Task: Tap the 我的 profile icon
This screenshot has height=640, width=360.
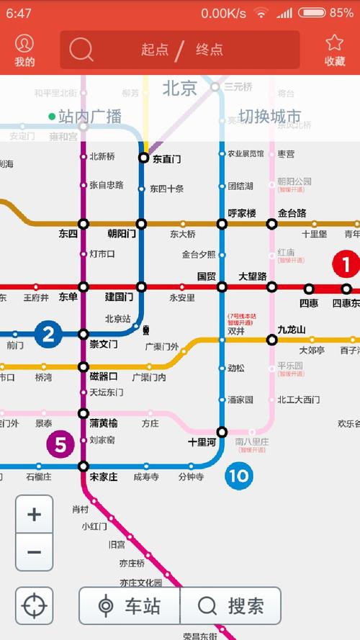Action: (24, 43)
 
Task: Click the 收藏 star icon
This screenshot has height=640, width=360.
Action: (335, 43)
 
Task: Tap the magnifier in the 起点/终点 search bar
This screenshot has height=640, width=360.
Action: (81, 49)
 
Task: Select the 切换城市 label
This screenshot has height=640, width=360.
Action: (270, 116)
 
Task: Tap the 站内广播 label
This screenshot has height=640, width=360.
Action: (89, 116)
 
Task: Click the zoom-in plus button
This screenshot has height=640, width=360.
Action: (34, 514)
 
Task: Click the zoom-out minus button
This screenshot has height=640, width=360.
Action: (34, 553)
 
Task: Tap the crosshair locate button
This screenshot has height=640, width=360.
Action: (34, 605)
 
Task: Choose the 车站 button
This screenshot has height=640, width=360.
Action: (130, 605)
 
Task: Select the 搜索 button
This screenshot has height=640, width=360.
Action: (230, 605)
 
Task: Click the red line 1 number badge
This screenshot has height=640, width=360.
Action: (346, 264)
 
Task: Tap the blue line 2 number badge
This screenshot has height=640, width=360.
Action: (48, 334)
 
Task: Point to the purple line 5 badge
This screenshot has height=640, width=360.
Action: (60, 445)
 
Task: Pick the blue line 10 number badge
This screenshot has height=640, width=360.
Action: (238, 475)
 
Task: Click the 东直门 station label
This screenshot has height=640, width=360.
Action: (167, 158)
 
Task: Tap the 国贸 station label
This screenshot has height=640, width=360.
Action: (207, 276)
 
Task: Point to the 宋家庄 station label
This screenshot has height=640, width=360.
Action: (104, 477)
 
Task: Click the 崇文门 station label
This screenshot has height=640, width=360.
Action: (104, 345)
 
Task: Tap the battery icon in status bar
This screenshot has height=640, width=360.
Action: (312, 12)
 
